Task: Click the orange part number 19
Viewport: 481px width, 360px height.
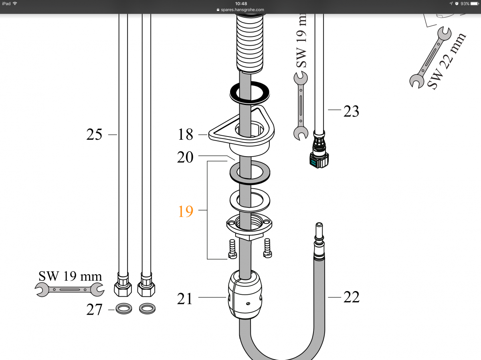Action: pyautogui.click(x=186, y=211)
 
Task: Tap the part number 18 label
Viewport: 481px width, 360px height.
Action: pyautogui.click(x=186, y=134)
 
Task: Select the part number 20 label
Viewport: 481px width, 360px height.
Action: pyautogui.click(x=185, y=157)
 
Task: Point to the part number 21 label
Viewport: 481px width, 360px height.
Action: pyautogui.click(x=185, y=298)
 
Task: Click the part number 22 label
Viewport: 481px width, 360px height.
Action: pyautogui.click(x=352, y=297)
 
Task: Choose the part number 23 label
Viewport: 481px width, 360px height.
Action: pyautogui.click(x=351, y=111)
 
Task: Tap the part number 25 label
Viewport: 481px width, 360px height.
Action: pyautogui.click(x=94, y=134)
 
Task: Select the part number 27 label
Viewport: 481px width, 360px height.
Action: pyautogui.click(x=94, y=310)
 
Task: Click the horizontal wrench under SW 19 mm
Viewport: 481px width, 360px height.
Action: pyautogui.click(x=69, y=290)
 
